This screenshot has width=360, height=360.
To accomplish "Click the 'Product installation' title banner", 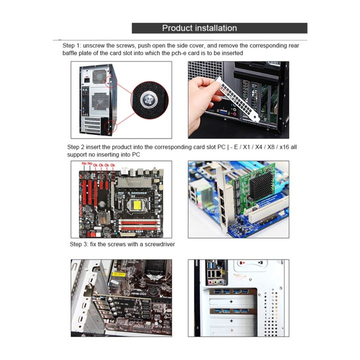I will (x=219, y=28).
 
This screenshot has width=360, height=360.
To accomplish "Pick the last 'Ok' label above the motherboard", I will (x=113, y=164).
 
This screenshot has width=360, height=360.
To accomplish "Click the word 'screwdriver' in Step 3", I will (x=157, y=244).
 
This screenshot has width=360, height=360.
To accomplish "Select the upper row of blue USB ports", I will (x=230, y=291).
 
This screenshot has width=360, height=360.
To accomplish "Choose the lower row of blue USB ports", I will (x=230, y=310).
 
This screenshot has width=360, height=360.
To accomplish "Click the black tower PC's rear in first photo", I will (x=95, y=100).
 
